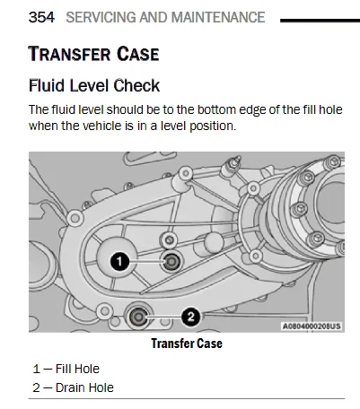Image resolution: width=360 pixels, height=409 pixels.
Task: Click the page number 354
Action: click(41, 17)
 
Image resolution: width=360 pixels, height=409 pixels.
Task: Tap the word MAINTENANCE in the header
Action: click(218, 17)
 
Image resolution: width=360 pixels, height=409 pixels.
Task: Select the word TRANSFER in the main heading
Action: click(69, 54)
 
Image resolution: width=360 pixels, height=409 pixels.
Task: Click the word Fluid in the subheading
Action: click(47, 85)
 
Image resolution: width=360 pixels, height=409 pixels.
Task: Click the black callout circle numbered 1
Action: click(119, 262)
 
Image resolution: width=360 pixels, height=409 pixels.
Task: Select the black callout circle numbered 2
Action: click(190, 317)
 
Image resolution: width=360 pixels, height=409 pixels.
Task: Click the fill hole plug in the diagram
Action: click(171, 262)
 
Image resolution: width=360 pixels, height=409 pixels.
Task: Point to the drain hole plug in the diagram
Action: click(138, 317)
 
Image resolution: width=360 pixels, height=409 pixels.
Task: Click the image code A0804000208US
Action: click(312, 326)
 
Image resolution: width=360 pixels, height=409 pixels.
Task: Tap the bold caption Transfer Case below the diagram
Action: click(187, 344)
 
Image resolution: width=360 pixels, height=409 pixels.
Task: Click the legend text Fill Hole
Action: click(77, 369)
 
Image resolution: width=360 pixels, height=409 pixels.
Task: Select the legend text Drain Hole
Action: click(84, 387)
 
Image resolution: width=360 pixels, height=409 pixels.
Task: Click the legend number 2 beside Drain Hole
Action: click(36, 387)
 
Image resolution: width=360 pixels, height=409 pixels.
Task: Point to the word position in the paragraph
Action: click(213, 126)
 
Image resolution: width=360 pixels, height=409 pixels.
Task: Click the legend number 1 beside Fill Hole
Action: click(37, 369)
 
